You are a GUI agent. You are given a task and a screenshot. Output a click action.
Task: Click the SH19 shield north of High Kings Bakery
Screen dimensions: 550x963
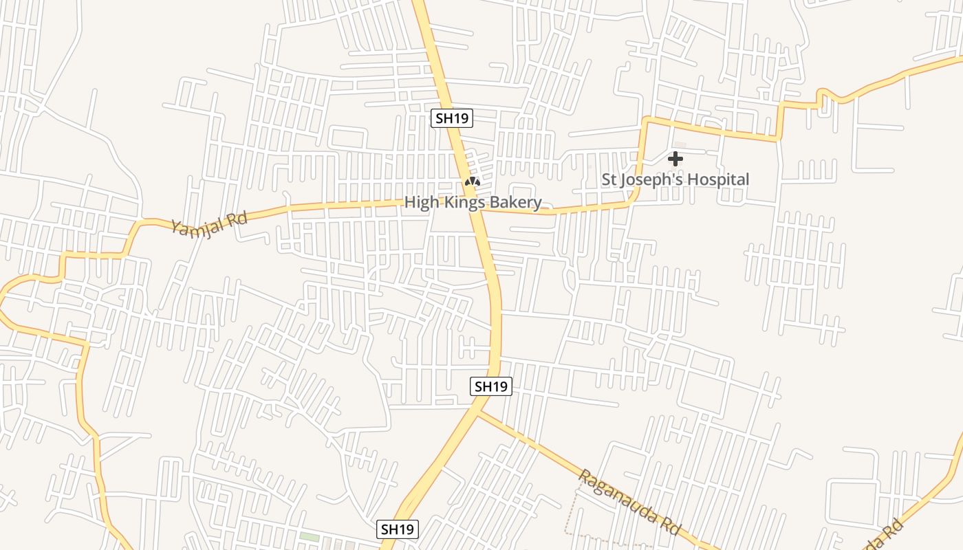point(452,118)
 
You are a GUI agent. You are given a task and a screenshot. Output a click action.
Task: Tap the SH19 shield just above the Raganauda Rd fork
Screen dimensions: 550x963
point(491,386)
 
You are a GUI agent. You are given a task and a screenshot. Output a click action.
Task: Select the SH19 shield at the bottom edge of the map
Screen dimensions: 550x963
point(398,529)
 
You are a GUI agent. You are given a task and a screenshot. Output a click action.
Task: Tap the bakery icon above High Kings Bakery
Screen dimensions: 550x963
point(471,182)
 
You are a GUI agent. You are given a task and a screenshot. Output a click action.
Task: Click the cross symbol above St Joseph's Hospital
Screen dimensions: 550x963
point(675,159)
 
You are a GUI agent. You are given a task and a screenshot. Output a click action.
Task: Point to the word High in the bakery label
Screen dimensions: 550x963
point(420,203)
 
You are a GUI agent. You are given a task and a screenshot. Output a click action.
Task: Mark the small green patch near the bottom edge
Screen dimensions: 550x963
point(310,537)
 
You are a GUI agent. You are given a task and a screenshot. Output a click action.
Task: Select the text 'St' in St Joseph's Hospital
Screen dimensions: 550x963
point(609,180)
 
